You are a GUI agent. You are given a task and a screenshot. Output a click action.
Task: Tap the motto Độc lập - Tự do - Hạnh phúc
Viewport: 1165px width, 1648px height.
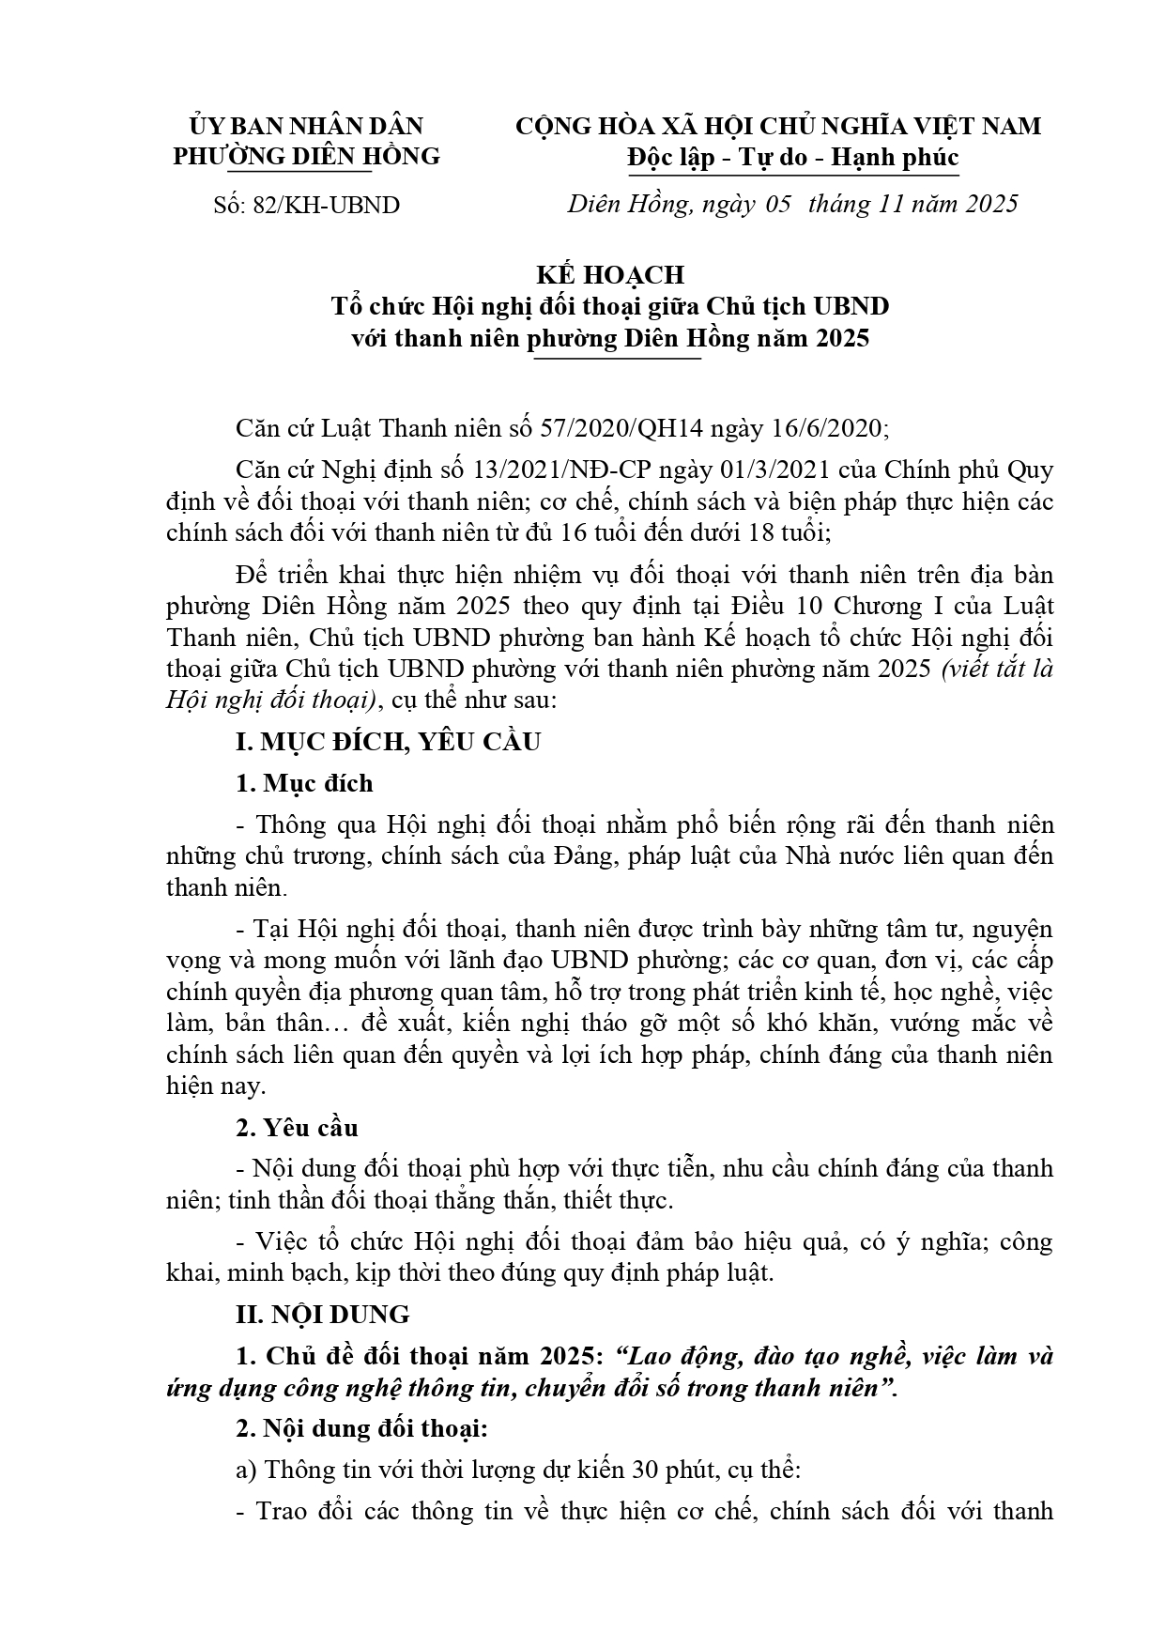tap(793, 157)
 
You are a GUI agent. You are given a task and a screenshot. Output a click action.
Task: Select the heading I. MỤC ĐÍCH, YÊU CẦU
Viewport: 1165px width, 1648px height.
tap(388, 742)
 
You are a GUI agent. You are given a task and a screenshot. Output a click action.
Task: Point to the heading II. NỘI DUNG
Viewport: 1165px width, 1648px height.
tap(322, 1315)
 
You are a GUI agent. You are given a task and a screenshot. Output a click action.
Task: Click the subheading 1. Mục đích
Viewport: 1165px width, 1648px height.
tap(303, 783)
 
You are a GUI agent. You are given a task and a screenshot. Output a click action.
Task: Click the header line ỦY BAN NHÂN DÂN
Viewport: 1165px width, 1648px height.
tap(306, 126)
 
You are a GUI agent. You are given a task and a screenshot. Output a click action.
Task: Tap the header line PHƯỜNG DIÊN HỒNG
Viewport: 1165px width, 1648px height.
tap(306, 156)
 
